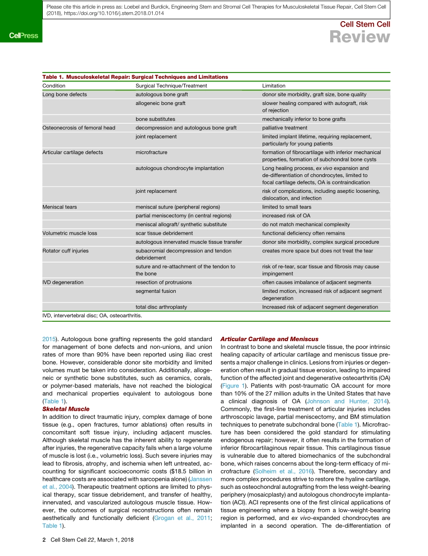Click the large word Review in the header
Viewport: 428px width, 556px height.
click(360, 37)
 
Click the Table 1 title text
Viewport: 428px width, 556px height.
click(135, 77)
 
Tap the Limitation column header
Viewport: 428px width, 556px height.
click(273, 86)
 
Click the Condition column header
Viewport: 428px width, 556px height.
click(54, 86)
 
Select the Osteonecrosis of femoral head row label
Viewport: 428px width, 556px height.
click(79, 128)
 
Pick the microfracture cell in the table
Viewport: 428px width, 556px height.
click(151, 152)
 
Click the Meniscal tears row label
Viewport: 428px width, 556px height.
click(59, 207)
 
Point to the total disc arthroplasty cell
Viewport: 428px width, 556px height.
click(161, 307)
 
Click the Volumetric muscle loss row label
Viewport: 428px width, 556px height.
click(70, 233)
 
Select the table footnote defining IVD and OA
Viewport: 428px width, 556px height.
click(92, 316)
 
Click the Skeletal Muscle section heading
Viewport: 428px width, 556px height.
click(66, 409)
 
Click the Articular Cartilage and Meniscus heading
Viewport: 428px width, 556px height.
click(269, 339)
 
